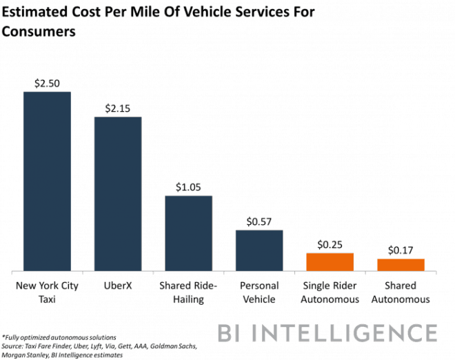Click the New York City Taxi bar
pos(48,181)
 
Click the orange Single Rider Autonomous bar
pos(330,261)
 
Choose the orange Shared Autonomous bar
pos(401,264)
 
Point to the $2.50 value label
pos(48,83)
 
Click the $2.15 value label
pos(118,108)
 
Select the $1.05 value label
pos(188,188)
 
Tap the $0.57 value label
pos(259,221)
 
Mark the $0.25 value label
pos(330,244)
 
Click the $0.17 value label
pos(401,250)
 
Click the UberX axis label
pos(118,286)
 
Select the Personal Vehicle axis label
pos(259,292)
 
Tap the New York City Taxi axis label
pos(48,292)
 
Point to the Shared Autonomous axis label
pos(401,292)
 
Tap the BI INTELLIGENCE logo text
pos(327,334)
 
